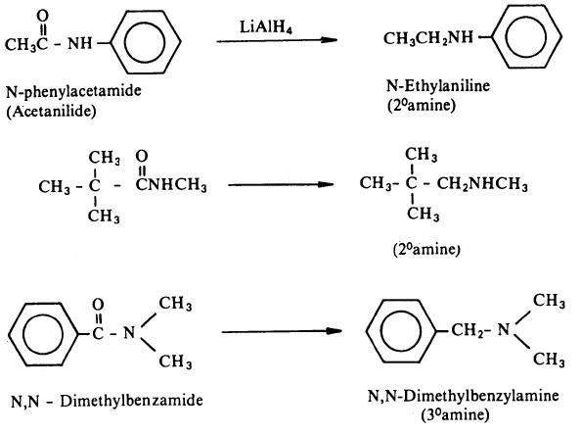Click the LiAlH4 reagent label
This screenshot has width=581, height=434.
[x=266, y=27]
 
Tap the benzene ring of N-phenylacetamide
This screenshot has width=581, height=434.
[x=112, y=42]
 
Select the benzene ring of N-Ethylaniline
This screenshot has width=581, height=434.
[x=493, y=37]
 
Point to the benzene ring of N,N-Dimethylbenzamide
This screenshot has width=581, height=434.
[x=10, y=334]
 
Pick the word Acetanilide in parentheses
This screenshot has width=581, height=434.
[x=51, y=111]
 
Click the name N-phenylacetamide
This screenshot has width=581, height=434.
[x=73, y=91]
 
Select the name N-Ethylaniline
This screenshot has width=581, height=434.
[x=438, y=86]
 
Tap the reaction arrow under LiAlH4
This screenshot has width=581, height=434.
[x=277, y=40]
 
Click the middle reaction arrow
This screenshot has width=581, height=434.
[x=281, y=184]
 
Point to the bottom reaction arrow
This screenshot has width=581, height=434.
[x=282, y=331]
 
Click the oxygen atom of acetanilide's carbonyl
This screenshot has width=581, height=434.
[x=43, y=16]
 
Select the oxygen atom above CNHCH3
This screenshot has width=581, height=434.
[x=142, y=157]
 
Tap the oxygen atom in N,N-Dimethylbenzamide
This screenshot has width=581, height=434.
[x=98, y=305]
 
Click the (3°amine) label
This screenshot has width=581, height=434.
[x=455, y=414]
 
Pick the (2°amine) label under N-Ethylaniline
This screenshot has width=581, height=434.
[x=422, y=105]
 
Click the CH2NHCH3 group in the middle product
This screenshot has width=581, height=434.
[x=481, y=184]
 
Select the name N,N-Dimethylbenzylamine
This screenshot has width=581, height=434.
[x=464, y=396]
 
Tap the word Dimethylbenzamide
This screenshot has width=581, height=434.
[x=131, y=401]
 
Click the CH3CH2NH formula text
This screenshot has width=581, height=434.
[x=428, y=38]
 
